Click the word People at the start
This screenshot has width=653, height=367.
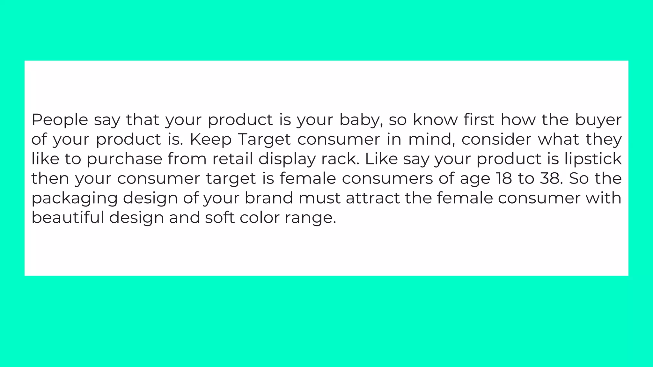60,120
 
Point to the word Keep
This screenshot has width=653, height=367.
211,140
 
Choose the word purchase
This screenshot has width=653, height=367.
124,159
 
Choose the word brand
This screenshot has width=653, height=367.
268,198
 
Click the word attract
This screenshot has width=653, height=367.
373,198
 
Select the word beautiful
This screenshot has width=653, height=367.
68,218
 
